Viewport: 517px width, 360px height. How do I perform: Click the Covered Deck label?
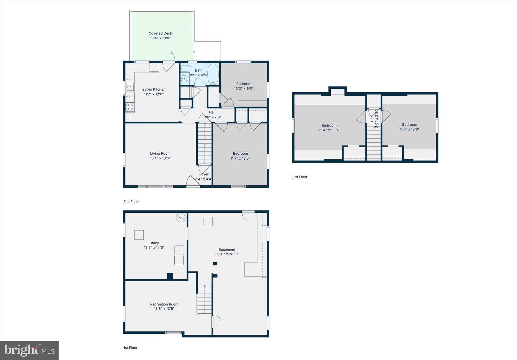pos(160,33)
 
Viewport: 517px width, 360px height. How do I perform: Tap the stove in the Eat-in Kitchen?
pos(130,107)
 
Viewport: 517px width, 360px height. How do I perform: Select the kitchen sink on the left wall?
pos(130,87)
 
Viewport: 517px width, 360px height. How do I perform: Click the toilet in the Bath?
pos(186,68)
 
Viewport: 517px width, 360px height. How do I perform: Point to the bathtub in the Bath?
pos(213,74)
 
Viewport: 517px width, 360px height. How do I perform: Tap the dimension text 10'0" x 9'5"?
pos(244,89)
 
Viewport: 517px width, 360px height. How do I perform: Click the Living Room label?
pos(160,154)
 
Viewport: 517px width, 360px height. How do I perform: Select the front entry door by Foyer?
pos(193,182)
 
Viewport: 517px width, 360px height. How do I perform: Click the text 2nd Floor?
pos(131,202)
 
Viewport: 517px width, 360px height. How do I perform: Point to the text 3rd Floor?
pos(299,177)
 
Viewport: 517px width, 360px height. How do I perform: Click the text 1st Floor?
pos(130,348)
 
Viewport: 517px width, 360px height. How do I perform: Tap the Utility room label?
pos(154,243)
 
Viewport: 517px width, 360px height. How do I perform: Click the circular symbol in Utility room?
pos(181,218)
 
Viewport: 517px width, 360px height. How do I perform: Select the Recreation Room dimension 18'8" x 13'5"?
pos(164,309)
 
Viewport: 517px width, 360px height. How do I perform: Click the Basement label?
pos(227,250)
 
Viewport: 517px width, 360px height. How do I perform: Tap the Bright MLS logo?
pos(29,350)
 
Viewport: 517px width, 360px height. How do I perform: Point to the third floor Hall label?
pos(372,119)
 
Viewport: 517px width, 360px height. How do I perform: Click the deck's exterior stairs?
pos(207,51)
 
